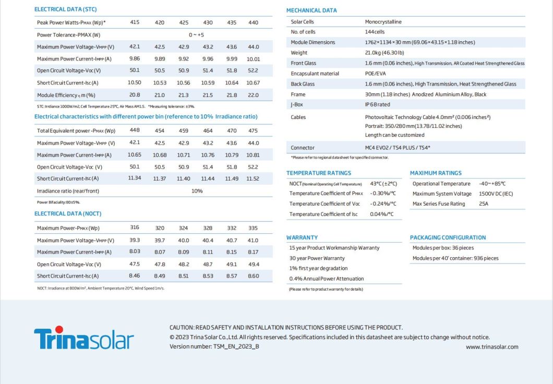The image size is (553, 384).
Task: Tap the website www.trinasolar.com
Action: (x=492, y=347)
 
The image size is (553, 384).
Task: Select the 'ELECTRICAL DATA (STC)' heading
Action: (x=65, y=9)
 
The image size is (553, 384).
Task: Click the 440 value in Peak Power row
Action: (x=253, y=22)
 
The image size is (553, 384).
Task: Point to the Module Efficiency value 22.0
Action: (x=253, y=95)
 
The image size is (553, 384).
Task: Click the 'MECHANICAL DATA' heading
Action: (x=311, y=10)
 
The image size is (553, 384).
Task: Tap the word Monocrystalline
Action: (x=383, y=22)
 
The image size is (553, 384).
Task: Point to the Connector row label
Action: (x=303, y=148)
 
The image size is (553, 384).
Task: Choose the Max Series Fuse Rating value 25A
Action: (x=484, y=204)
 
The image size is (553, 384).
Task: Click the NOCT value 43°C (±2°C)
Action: (x=383, y=184)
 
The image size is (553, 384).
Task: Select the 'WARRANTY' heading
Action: (x=302, y=237)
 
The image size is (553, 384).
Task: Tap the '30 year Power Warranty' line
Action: (x=317, y=258)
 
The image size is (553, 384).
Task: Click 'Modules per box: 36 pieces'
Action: (x=443, y=248)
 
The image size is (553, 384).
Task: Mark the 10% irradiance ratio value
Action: (x=197, y=191)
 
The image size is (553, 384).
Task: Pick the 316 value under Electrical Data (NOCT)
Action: (x=135, y=227)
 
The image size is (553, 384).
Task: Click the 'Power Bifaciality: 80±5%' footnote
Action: (x=58, y=202)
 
